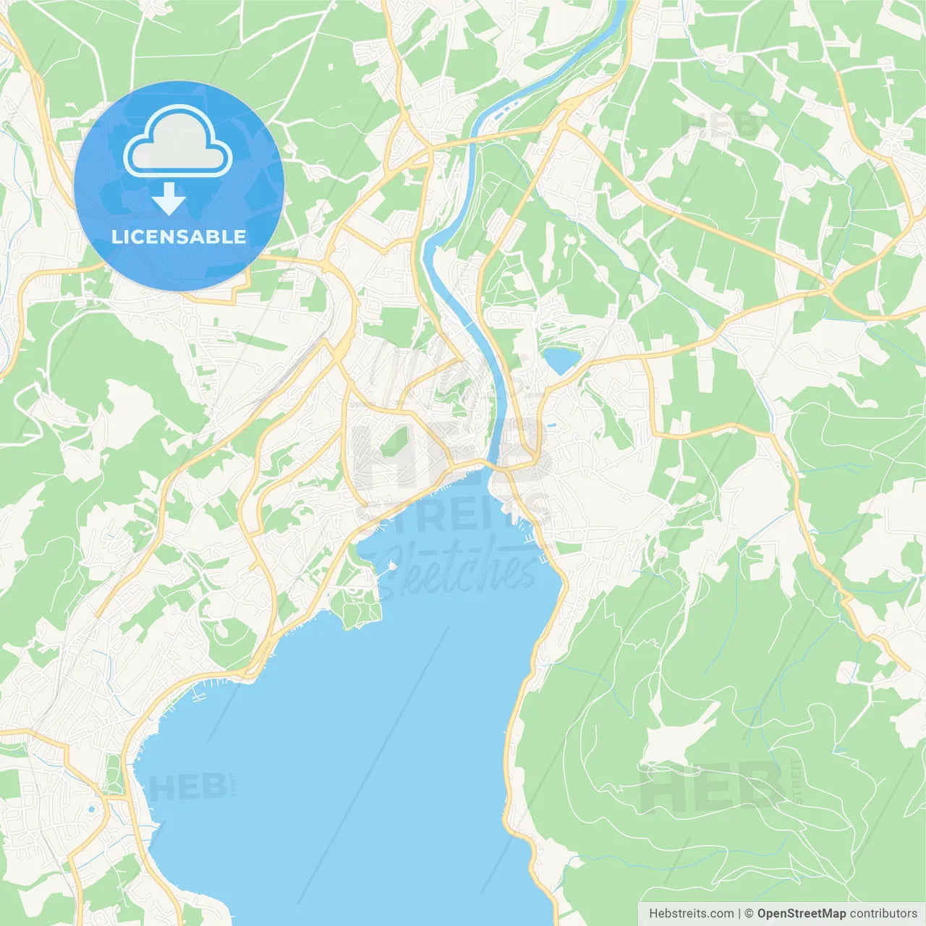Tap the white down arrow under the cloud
tap(169, 200)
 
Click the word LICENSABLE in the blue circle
tap(178, 237)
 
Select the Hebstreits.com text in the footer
tap(691, 913)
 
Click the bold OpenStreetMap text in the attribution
tap(801, 913)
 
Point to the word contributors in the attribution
tap(883, 913)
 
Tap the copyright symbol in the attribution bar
tap(749, 913)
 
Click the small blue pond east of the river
tap(561, 360)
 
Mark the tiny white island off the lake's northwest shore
tap(392, 566)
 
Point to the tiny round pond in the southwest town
tap(92, 810)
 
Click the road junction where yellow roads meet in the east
tap(829, 290)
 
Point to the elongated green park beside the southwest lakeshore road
tap(114, 774)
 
